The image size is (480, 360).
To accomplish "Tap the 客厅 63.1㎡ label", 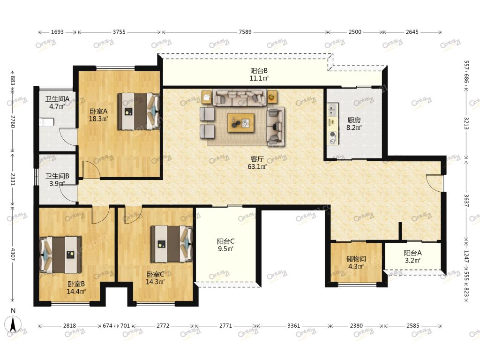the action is [x=257, y=163].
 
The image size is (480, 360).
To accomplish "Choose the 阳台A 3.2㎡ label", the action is [x=412, y=257].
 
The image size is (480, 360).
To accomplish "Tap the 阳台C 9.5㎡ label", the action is [x=226, y=245].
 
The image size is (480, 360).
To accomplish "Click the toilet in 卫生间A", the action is [x=46, y=122].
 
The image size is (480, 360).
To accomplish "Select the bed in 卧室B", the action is [x=60, y=255].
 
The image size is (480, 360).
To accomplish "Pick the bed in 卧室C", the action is [x=172, y=244].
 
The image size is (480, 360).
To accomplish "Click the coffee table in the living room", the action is [x=240, y=123].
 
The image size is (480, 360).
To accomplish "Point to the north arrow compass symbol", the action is [x=13, y=323].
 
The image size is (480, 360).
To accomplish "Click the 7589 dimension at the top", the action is [x=245, y=32].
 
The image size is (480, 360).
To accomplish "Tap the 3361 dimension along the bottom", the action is [x=293, y=326].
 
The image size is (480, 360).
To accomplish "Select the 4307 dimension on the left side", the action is [x=13, y=254].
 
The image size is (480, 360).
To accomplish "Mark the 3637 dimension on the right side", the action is [x=466, y=201].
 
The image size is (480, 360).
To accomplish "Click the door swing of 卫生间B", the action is [x=68, y=193].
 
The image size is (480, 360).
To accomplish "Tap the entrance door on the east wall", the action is [x=435, y=183].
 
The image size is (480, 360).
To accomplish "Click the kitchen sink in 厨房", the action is [x=333, y=110].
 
